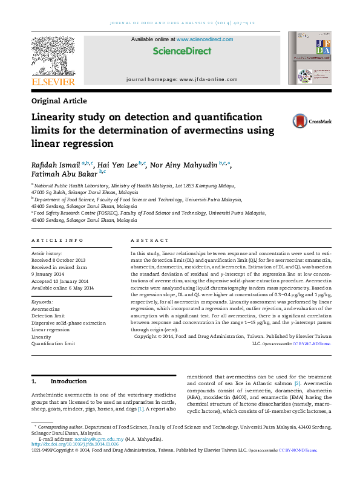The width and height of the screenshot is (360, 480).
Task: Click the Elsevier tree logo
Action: [53, 56]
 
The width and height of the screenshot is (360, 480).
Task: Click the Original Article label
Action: [59, 101]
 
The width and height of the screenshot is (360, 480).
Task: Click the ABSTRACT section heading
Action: [145, 241]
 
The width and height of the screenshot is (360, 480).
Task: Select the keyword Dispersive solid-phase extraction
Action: [68, 323]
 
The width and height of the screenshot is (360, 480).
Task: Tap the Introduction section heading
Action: [68, 381]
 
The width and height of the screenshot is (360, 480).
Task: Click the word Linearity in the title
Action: [56, 117]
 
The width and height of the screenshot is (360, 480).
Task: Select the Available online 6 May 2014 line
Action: [63, 288]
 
